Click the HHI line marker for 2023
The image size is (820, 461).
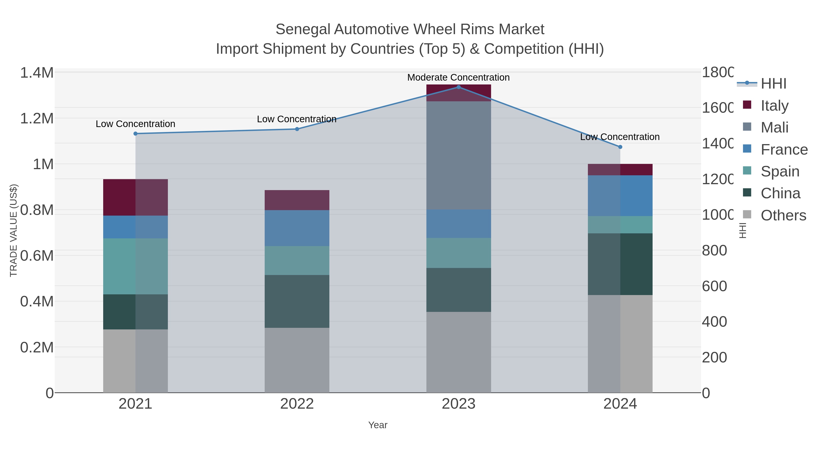pyautogui.click(x=458, y=87)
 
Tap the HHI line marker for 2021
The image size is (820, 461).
pyautogui.click(x=135, y=134)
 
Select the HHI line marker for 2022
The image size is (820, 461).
pyautogui.click(x=297, y=129)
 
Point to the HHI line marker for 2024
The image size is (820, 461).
pyautogui.click(x=620, y=147)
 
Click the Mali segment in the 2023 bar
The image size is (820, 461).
pyautogui.click(x=458, y=155)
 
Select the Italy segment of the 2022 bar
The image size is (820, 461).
pyautogui.click(x=297, y=200)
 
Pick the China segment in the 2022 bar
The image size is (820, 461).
pyautogui.click(x=297, y=301)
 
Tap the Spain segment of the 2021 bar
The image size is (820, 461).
pyautogui.click(x=135, y=266)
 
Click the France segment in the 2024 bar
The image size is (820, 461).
pyautogui.click(x=620, y=196)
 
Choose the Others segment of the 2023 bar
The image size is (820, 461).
pyautogui.click(x=458, y=352)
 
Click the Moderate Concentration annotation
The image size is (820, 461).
pyautogui.click(x=458, y=78)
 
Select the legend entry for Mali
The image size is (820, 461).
pyautogui.click(x=774, y=127)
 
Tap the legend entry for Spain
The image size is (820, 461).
pyautogui.click(x=780, y=171)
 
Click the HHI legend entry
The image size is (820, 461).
pyautogui.click(x=773, y=84)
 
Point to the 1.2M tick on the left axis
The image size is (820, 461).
pyautogui.click(x=37, y=119)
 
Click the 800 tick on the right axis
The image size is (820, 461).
pyautogui.click(x=714, y=251)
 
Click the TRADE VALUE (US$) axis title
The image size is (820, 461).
pyautogui.click(x=13, y=230)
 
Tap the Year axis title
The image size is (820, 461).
pyautogui.click(x=378, y=425)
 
